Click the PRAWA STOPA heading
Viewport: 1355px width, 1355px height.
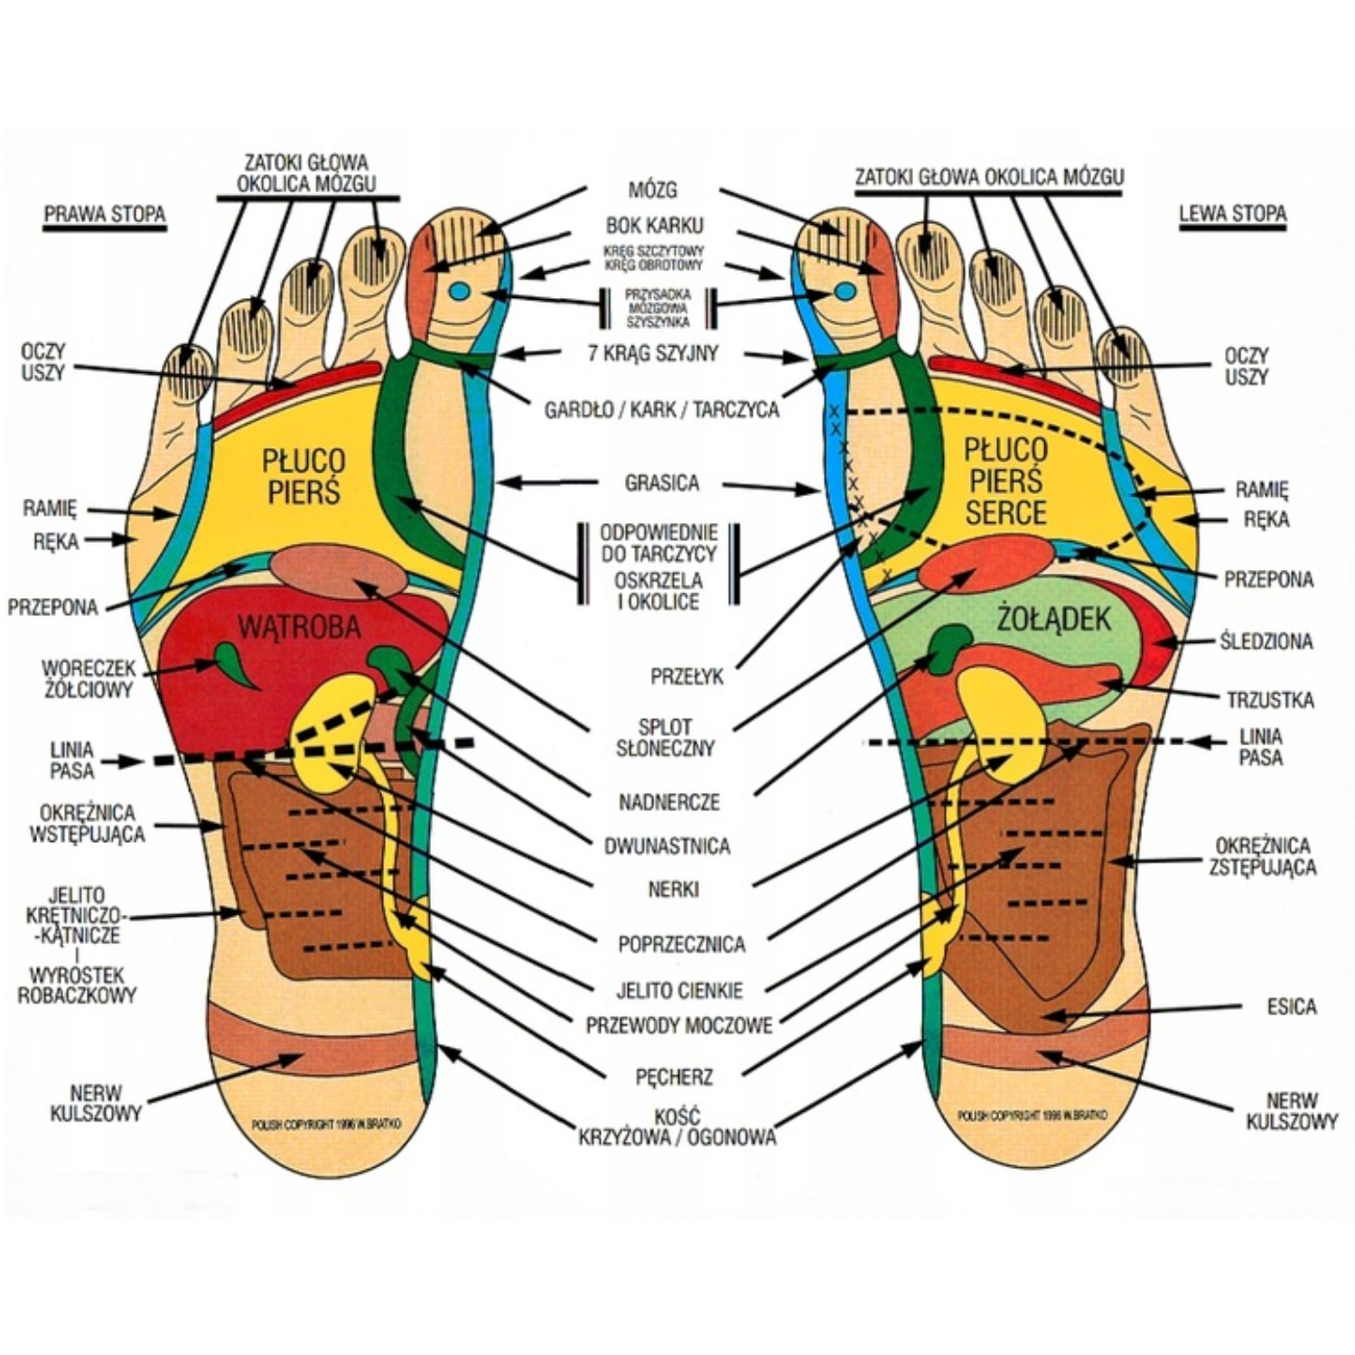click(105, 215)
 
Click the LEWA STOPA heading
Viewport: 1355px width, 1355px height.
click(1232, 214)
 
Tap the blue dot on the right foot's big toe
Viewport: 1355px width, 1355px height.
click(460, 292)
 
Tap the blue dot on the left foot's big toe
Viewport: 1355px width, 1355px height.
click(845, 291)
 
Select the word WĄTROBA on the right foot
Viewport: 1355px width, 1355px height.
click(299, 626)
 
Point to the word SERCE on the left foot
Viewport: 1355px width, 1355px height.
click(1005, 513)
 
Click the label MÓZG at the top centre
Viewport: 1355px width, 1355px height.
click(652, 191)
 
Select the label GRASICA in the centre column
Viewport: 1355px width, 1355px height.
click(662, 483)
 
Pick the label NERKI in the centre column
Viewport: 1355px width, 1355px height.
click(673, 890)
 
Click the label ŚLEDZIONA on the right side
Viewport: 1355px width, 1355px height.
click(1266, 641)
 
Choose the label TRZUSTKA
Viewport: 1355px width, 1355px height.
click(1270, 700)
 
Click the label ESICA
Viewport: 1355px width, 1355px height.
click(1291, 1007)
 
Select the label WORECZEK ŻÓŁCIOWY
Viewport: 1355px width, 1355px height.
click(89, 679)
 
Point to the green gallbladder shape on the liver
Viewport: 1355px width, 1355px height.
click(233, 662)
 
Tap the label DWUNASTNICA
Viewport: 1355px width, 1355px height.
click(667, 846)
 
